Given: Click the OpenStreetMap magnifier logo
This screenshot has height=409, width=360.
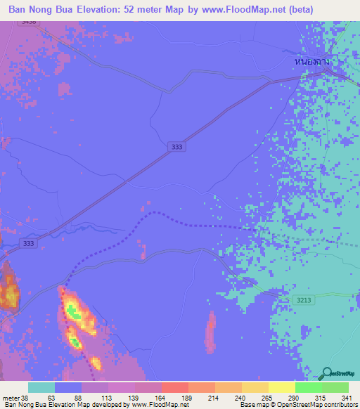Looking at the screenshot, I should click(x=327, y=373).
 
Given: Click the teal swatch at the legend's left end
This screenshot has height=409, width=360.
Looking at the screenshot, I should click(x=41, y=387).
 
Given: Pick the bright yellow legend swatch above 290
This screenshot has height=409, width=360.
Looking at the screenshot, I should click(x=282, y=387).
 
